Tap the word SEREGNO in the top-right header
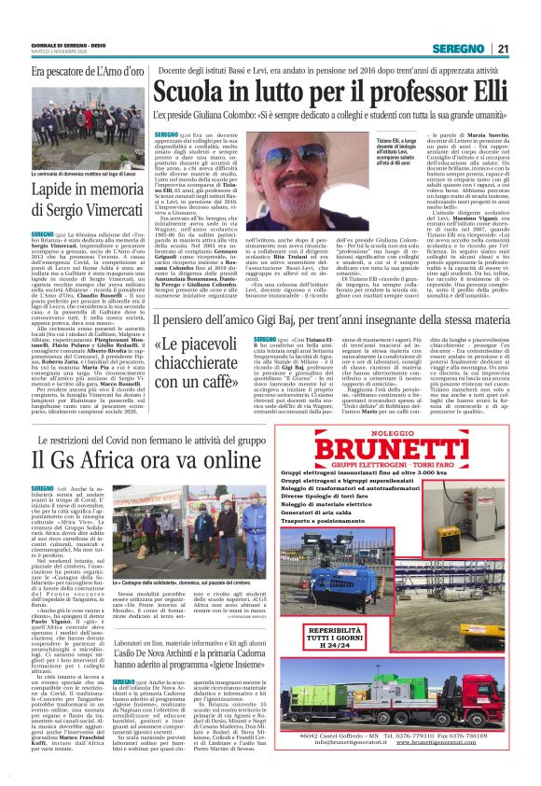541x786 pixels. coord(465,49)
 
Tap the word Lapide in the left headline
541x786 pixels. coord(51,189)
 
